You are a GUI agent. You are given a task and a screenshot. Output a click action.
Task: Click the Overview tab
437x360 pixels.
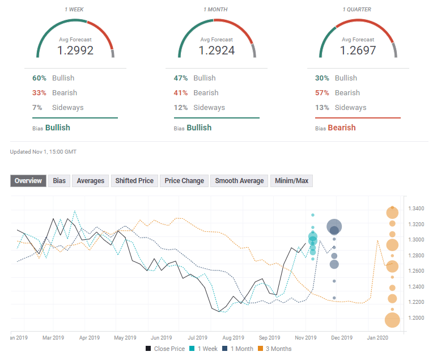28,181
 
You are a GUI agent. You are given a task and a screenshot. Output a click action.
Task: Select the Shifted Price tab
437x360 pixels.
134,181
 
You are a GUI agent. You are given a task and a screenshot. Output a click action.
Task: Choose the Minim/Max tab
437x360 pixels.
291,181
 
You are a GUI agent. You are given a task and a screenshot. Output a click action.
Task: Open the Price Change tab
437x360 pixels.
184,181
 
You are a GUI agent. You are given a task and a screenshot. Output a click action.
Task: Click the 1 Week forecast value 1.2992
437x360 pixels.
75,50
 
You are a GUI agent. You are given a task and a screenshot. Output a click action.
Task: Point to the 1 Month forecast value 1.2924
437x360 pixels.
217,50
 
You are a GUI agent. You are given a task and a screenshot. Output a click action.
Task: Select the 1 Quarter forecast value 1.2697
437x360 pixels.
358,50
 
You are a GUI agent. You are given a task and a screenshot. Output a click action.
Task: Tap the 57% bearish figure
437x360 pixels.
323,93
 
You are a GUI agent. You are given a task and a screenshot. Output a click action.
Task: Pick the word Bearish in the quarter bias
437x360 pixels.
341,128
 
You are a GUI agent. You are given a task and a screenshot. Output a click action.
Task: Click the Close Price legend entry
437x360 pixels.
165,349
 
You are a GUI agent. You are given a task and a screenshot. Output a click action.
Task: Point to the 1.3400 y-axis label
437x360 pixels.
417,209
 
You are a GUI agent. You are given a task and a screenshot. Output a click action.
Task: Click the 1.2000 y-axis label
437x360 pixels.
417,318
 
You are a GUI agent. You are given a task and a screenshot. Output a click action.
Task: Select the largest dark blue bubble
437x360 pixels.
334,227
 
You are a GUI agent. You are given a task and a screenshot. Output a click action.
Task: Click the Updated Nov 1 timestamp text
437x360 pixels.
43,152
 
